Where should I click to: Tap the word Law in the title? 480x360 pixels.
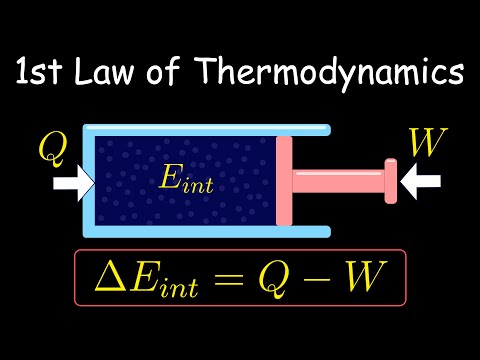point(103,71)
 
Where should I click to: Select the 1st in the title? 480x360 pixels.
point(39,71)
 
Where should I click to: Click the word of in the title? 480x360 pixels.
point(163,70)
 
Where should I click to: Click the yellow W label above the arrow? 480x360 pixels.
point(428,142)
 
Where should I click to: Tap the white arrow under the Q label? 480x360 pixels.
point(74,184)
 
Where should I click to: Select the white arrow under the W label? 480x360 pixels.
point(420,181)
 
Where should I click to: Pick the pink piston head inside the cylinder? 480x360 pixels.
point(284,181)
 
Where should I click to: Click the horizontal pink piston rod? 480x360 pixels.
point(338,181)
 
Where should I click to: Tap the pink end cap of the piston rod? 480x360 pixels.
point(391,181)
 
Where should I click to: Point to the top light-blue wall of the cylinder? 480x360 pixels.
point(207,130)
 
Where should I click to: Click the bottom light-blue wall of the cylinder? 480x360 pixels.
point(207,232)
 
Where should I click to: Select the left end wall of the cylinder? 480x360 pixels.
point(89,181)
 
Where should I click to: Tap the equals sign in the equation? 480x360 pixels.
point(229,279)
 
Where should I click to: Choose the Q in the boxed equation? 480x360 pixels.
point(273,280)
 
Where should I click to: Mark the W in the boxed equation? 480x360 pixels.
point(365,276)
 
